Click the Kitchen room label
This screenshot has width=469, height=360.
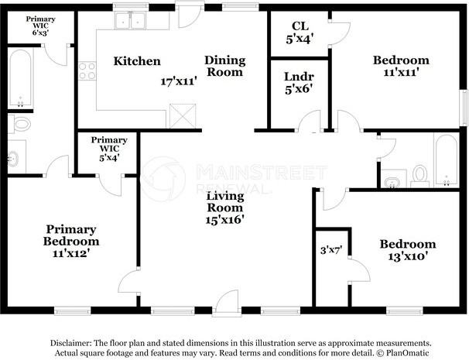pos(137,61)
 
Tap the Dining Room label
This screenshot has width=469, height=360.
pos(225,66)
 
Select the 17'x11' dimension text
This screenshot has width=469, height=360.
pos(179,81)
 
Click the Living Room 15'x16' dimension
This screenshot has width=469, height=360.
pos(225,220)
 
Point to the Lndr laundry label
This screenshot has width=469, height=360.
pos(299,77)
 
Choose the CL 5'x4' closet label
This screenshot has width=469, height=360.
pos(300,33)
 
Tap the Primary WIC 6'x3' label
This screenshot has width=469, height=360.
pos(40,26)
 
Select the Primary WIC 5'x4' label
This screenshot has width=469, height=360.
pos(109,149)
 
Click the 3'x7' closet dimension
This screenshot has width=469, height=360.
pos(331,250)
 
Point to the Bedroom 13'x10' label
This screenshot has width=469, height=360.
pos(408,250)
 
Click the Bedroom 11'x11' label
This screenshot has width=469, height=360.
pos(401,66)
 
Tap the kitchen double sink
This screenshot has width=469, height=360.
pos(131,21)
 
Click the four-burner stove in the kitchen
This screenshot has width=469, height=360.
pos(87,71)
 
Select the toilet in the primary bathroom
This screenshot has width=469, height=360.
pos(19,124)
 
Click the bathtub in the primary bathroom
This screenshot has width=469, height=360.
pos(20,78)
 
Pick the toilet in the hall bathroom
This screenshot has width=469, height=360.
pos(419,176)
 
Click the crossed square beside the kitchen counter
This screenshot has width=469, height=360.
pos(183,116)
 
